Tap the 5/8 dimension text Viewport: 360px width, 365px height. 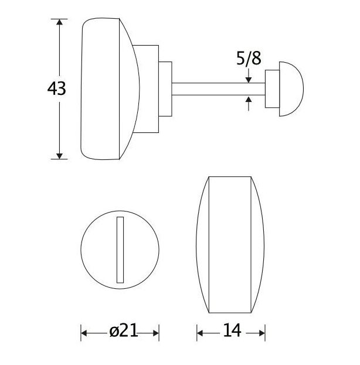pyautogui.click(x=248, y=59)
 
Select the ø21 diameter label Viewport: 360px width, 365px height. pyautogui.click(x=123, y=332)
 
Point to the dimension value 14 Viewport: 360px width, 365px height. pyautogui.click(x=232, y=332)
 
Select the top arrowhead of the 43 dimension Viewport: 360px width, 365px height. pyautogui.click(x=59, y=23)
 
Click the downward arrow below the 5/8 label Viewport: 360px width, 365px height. pyautogui.click(x=249, y=77)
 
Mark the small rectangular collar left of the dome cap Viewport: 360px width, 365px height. pyautogui.click(x=273, y=88)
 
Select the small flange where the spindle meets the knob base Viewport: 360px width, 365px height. pyautogui.click(x=166, y=88)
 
